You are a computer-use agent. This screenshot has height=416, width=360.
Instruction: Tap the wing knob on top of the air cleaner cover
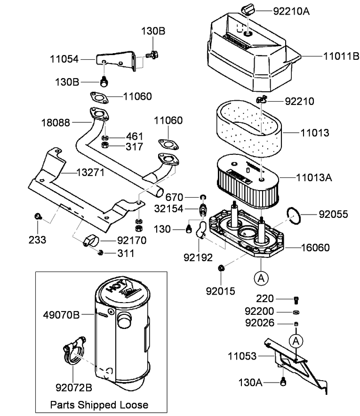pos(248,8)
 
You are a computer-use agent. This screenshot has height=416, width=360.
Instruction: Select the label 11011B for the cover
pos(341,56)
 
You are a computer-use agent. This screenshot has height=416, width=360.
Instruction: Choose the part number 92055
pos(333,215)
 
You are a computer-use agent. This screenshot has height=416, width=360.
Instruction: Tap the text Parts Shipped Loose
pos(99,405)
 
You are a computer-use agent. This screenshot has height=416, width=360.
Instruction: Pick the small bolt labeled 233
pos(38,217)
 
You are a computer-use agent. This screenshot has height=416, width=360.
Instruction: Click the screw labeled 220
pos(296,300)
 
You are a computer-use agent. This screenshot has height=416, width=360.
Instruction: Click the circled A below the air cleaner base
pos(261,278)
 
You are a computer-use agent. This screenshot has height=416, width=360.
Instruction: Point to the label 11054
pos(64,59)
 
